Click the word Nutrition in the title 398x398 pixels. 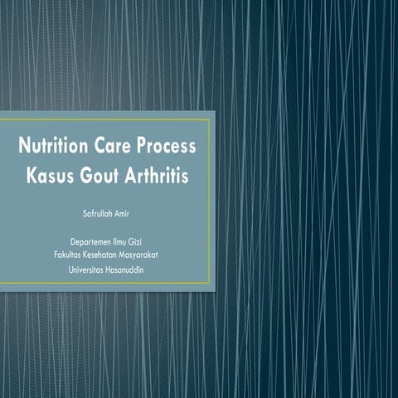[54, 148]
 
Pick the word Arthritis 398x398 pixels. [161, 177]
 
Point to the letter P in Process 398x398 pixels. [143, 148]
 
